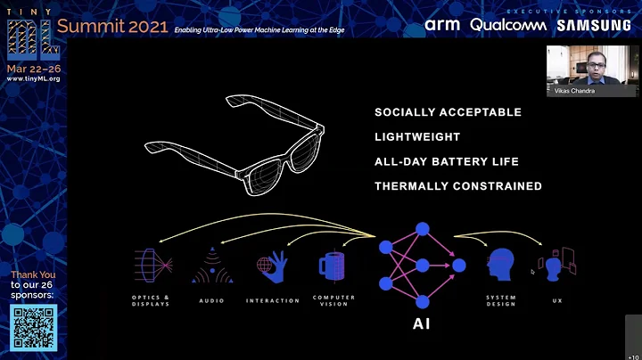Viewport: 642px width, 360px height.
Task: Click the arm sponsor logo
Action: (x=443, y=25)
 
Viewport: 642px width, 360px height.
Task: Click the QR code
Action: (x=33, y=327)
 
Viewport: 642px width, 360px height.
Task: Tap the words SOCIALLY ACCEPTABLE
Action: (x=448, y=112)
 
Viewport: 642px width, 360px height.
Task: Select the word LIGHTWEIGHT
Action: (x=417, y=137)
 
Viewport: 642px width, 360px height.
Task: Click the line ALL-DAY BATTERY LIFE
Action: (x=447, y=161)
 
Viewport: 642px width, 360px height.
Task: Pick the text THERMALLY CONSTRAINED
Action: (x=457, y=186)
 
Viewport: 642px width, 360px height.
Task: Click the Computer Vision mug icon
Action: (x=333, y=266)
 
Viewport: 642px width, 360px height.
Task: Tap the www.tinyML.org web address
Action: (x=33, y=78)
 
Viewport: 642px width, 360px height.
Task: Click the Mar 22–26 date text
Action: (x=33, y=68)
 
